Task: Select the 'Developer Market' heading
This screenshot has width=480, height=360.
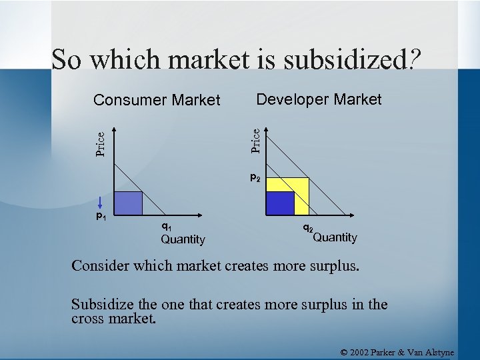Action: [x=319, y=99]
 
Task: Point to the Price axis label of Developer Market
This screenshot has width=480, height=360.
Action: [x=255, y=140]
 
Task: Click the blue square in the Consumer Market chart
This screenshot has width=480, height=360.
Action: [x=129, y=203]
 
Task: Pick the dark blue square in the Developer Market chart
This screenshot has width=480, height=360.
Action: [x=281, y=203]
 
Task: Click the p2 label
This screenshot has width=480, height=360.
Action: [x=255, y=178]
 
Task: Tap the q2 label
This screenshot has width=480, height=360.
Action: [x=308, y=229]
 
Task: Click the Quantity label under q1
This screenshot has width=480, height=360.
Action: [x=183, y=239]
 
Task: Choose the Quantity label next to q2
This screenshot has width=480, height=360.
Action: [x=335, y=237]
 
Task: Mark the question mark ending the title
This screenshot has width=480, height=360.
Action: [x=414, y=60]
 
